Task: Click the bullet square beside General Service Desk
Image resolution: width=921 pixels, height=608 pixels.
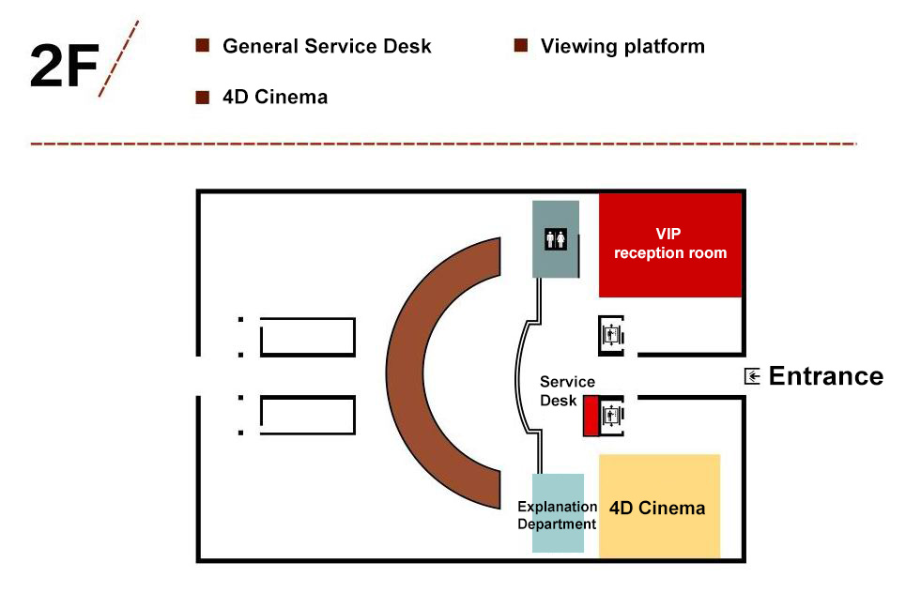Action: click(201, 46)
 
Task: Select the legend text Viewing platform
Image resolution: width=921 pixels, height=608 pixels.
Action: click(622, 46)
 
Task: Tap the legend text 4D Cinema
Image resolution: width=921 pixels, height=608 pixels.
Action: click(275, 97)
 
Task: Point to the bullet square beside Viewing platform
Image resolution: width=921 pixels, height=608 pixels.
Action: click(520, 46)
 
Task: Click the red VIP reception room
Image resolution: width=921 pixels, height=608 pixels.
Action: click(670, 245)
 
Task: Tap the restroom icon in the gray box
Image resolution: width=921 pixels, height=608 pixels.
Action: click(556, 239)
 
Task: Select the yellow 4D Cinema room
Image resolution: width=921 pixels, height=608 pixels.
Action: click(659, 507)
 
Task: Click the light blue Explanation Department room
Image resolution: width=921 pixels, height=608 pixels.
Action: click(558, 514)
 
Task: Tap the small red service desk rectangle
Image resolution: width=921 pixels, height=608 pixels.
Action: click(591, 416)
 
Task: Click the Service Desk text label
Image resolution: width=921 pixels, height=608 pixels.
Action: click(567, 390)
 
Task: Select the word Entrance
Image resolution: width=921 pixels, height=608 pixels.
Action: click(825, 376)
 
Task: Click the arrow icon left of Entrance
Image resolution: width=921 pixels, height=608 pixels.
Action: click(752, 376)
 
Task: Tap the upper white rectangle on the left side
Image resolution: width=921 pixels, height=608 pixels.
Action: click(307, 337)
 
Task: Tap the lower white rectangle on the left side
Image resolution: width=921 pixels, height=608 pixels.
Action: click(307, 416)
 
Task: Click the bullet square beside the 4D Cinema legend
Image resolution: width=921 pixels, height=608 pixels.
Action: click(201, 97)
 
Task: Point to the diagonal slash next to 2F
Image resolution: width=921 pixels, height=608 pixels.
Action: click(118, 58)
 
